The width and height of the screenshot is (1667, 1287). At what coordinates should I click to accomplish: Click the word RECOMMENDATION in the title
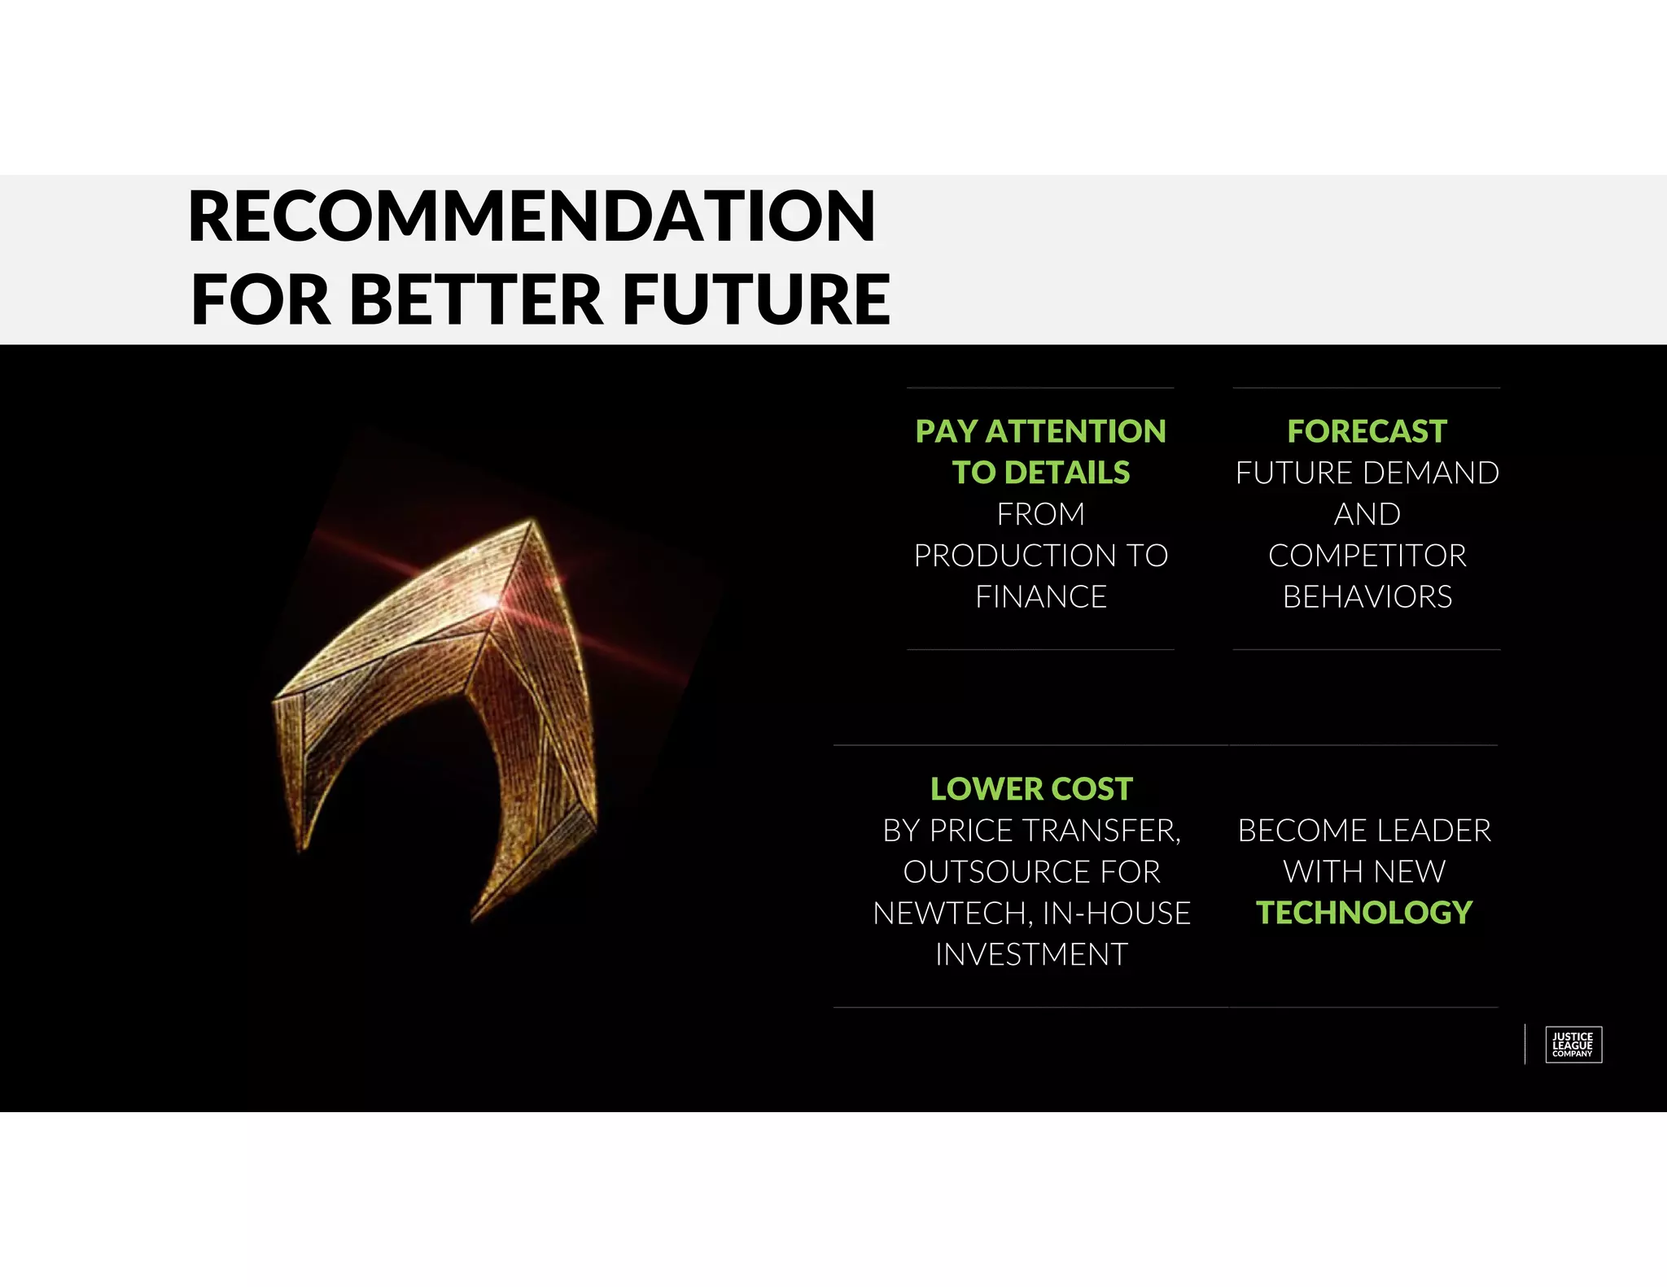pyautogui.click(x=532, y=216)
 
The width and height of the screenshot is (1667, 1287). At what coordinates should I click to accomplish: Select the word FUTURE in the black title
pyautogui.click(x=756, y=299)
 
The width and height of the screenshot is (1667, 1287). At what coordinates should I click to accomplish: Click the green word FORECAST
pyautogui.click(x=1367, y=431)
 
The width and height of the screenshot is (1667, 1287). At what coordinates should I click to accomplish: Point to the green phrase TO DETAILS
pyautogui.click(x=1041, y=473)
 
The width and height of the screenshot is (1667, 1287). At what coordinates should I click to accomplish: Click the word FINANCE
pyautogui.click(x=1041, y=597)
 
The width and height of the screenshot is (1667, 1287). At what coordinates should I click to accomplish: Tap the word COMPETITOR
pyautogui.click(x=1367, y=556)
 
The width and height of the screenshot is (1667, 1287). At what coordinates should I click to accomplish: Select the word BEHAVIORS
pyautogui.click(x=1367, y=597)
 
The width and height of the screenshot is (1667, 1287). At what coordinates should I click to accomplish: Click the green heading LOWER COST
pyautogui.click(x=1031, y=789)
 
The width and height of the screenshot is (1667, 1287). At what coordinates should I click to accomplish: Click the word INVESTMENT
pyautogui.click(x=1031, y=955)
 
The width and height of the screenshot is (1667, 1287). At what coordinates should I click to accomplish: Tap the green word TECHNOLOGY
pyautogui.click(x=1364, y=913)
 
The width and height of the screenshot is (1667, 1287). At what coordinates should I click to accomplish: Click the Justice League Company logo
pyautogui.click(x=1573, y=1045)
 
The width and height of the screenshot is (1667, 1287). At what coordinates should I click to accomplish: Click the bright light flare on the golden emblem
pyautogui.click(x=491, y=600)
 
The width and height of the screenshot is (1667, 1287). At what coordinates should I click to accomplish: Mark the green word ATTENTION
pyautogui.click(x=1075, y=431)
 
